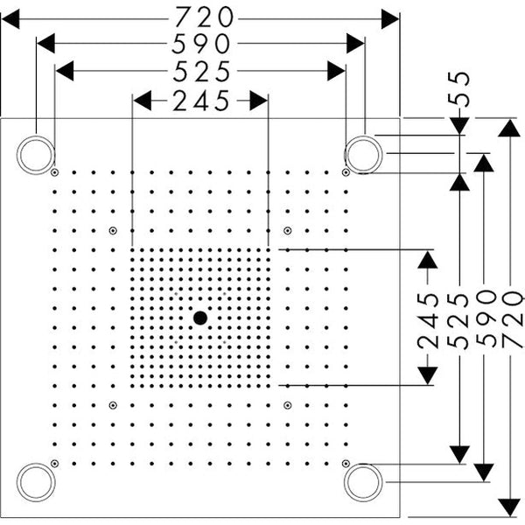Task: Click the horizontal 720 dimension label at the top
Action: [x=204, y=17]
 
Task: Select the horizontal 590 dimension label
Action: [x=201, y=44]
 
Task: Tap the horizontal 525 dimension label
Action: [x=201, y=72]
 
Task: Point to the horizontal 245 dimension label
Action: [x=201, y=101]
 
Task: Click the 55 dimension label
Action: [x=459, y=89]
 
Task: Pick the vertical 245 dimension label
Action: [x=428, y=320]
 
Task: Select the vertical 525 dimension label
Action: [x=458, y=321]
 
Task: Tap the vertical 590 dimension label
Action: [x=486, y=318]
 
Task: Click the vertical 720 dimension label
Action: [x=512, y=319]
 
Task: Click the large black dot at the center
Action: [x=200, y=318]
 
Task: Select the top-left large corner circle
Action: [x=36, y=155]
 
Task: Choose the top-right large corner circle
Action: [x=363, y=155]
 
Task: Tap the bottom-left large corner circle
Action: [x=36, y=482]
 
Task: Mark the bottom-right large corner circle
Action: [x=363, y=482]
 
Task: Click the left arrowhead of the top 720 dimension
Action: [x=10, y=19]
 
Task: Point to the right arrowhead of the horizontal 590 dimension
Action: [x=355, y=44]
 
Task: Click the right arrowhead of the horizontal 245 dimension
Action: [x=258, y=101]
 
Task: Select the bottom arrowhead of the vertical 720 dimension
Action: [x=509, y=507]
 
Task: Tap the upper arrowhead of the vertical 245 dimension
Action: [x=428, y=260]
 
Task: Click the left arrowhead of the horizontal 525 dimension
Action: [x=65, y=71]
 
